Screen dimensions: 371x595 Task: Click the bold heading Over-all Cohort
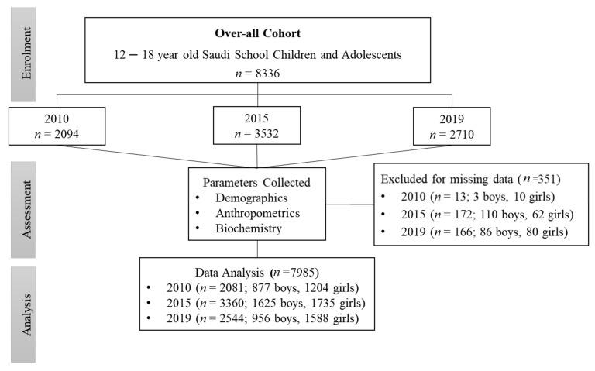click(x=256, y=34)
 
